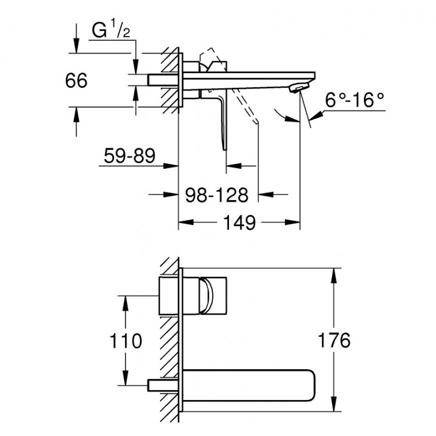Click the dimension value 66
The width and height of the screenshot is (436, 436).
76,80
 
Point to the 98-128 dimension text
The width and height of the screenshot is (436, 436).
217,195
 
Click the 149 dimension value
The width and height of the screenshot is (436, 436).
240,223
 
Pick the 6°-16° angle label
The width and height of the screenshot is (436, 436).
355,100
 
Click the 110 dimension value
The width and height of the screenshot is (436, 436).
126,341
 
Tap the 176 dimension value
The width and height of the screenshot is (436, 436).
334,340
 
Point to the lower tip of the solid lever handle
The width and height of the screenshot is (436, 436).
225,149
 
